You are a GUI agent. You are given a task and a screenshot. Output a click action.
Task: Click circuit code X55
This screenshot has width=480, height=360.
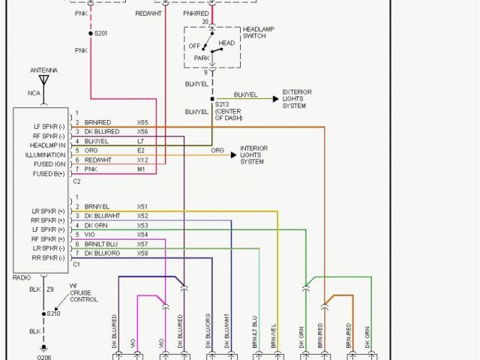pyautogui.click(x=142, y=121)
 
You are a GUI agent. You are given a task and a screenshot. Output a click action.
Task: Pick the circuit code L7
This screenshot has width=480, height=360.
pyautogui.click(x=140, y=141)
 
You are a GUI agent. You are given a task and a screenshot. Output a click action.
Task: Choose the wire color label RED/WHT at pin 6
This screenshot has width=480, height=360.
pyautogui.click(x=97, y=160)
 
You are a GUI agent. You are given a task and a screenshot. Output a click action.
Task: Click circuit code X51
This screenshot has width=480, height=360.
pyautogui.click(x=142, y=206)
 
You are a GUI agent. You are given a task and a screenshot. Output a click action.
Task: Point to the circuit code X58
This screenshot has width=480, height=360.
pyautogui.click(x=142, y=253)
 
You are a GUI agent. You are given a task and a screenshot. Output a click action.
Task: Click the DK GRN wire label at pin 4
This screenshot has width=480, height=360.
pyautogui.click(x=95, y=225)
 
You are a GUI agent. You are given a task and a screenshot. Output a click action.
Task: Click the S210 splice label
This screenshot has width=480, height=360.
pyautogui.click(x=52, y=313)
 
